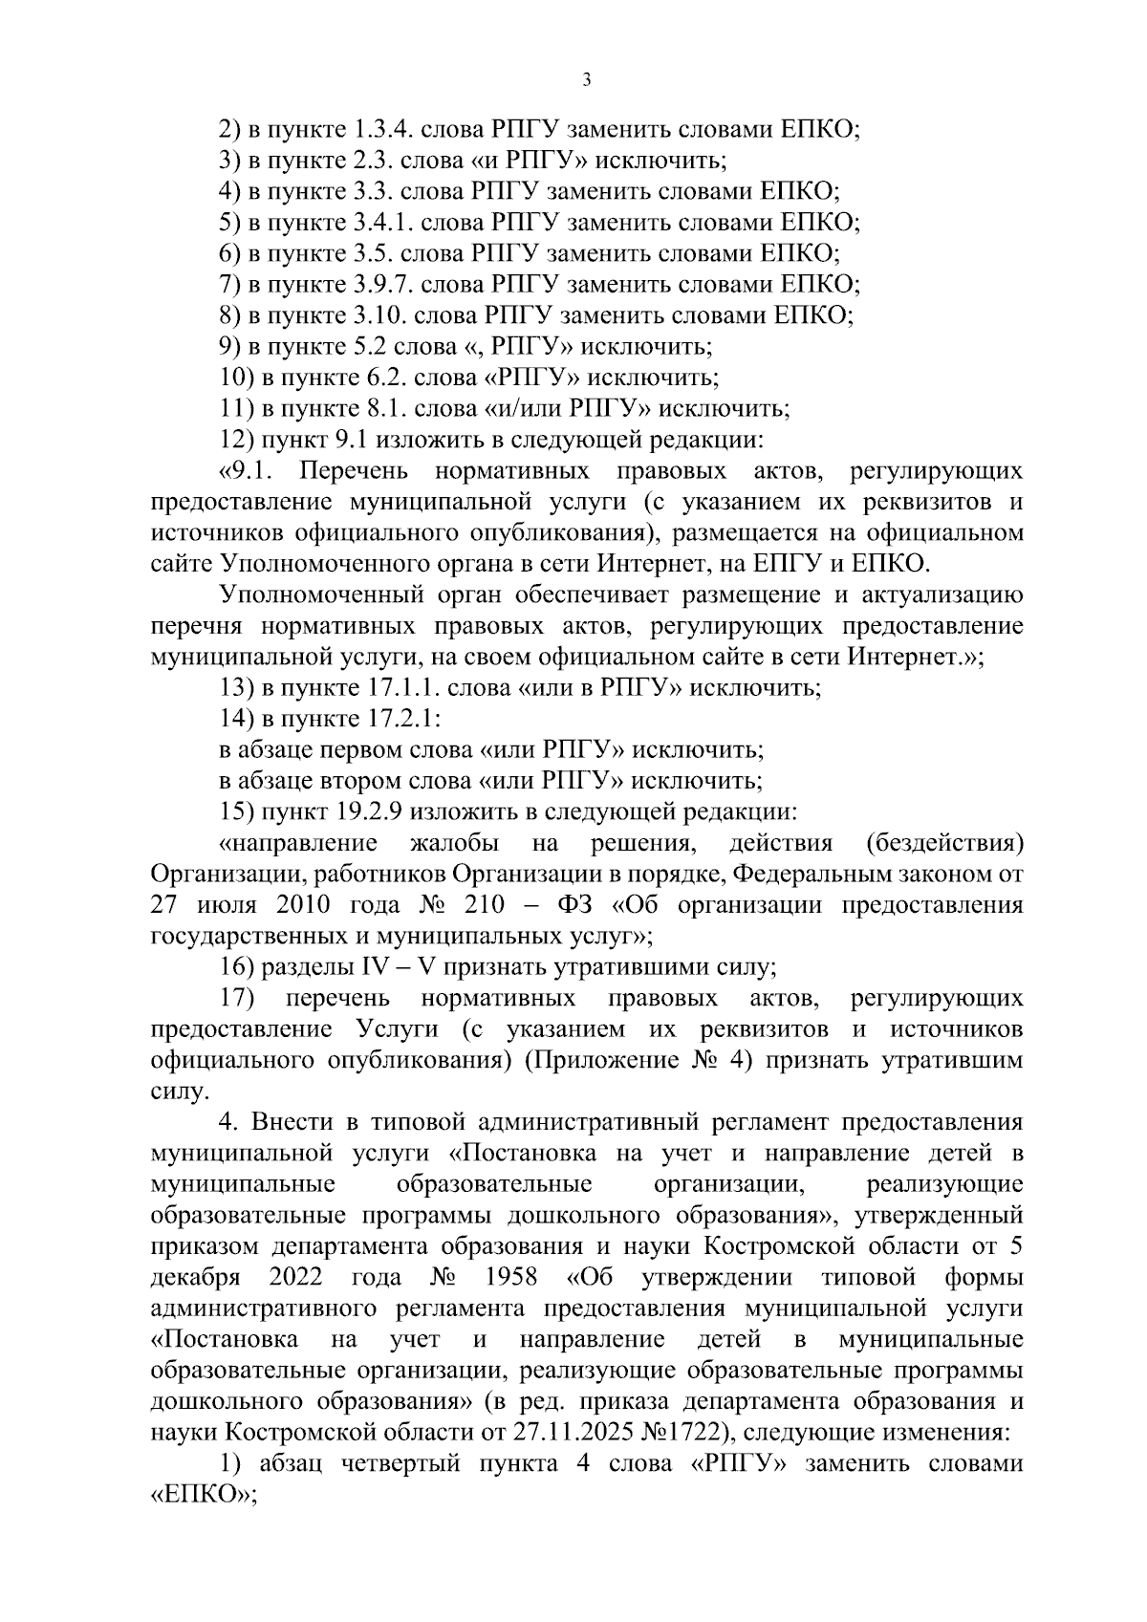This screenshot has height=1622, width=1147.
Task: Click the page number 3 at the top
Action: coord(586,80)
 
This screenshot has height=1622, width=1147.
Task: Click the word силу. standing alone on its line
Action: coord(180,1092)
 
